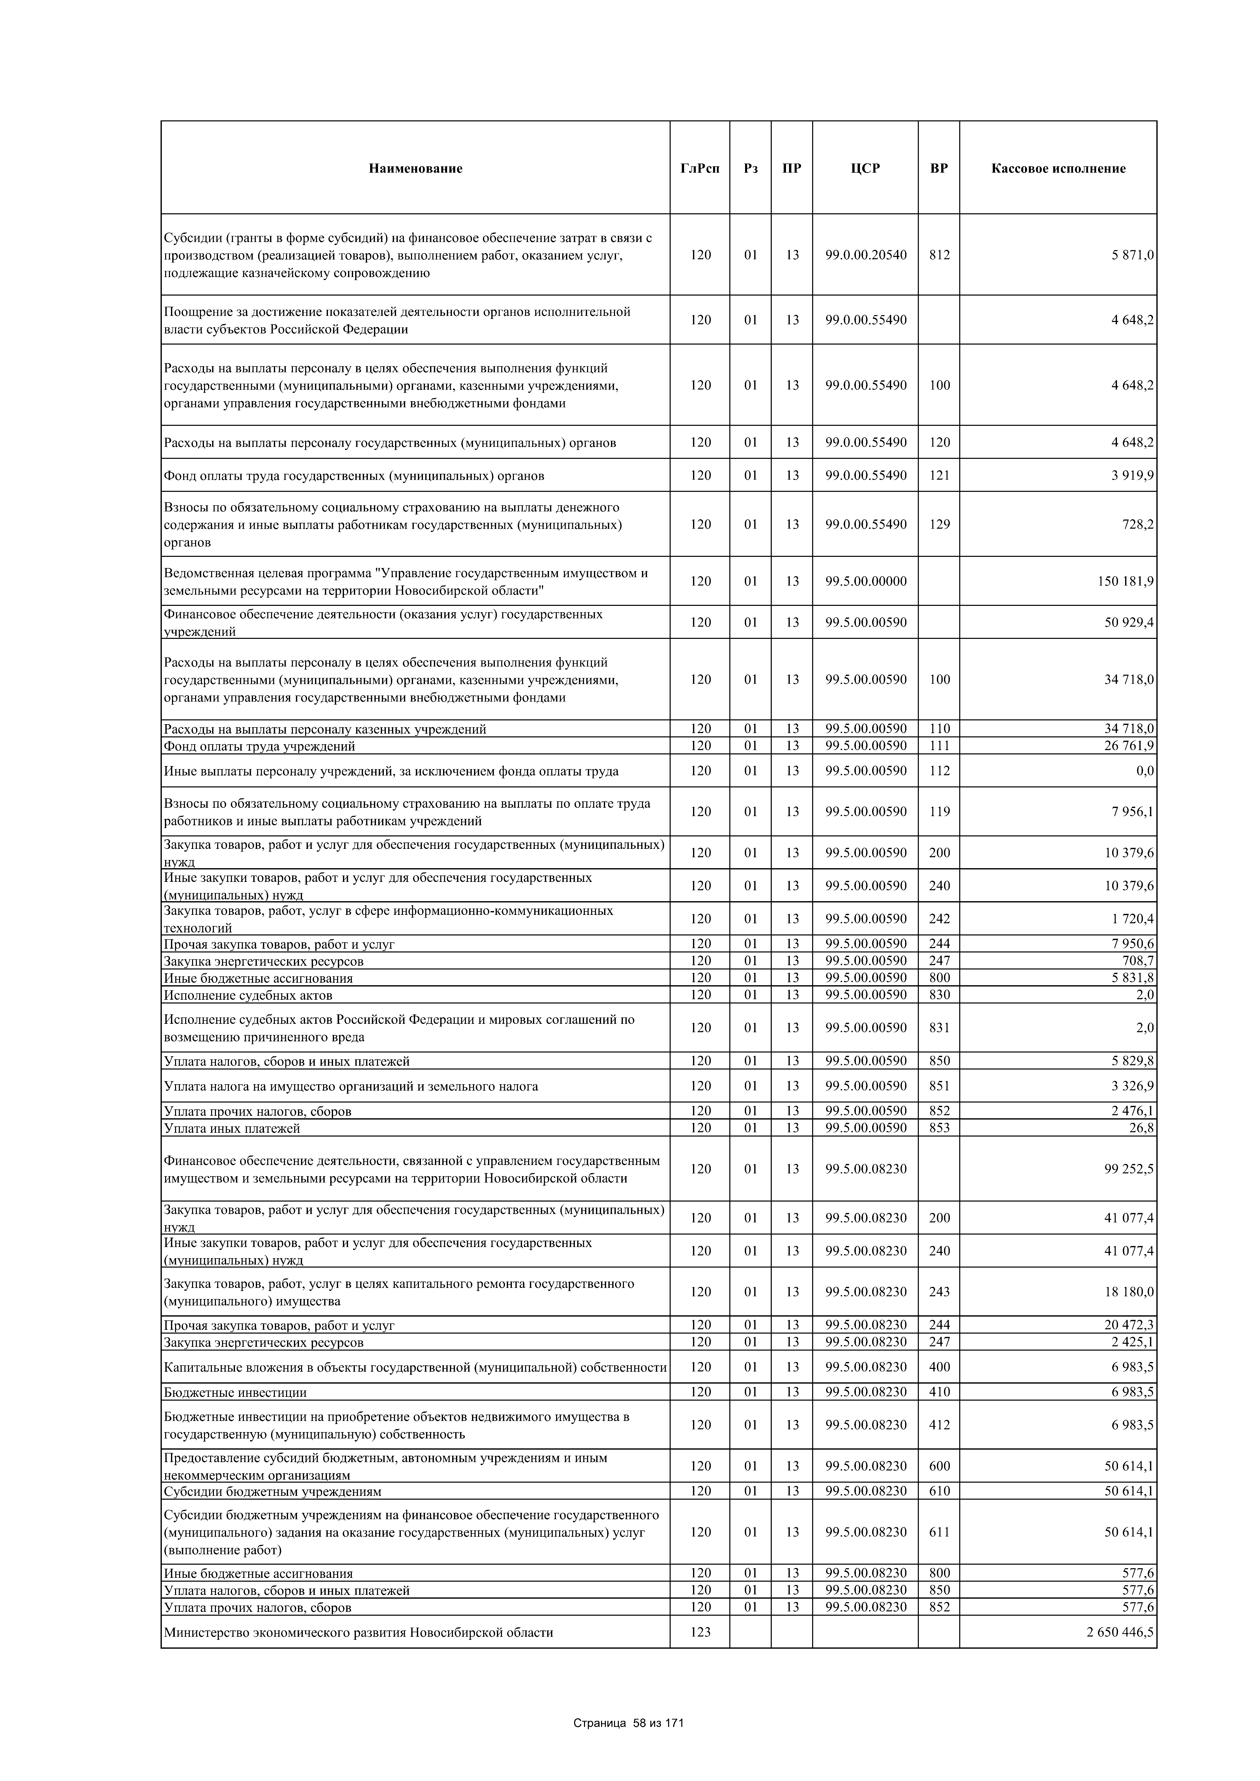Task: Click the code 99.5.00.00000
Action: [866, 581]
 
